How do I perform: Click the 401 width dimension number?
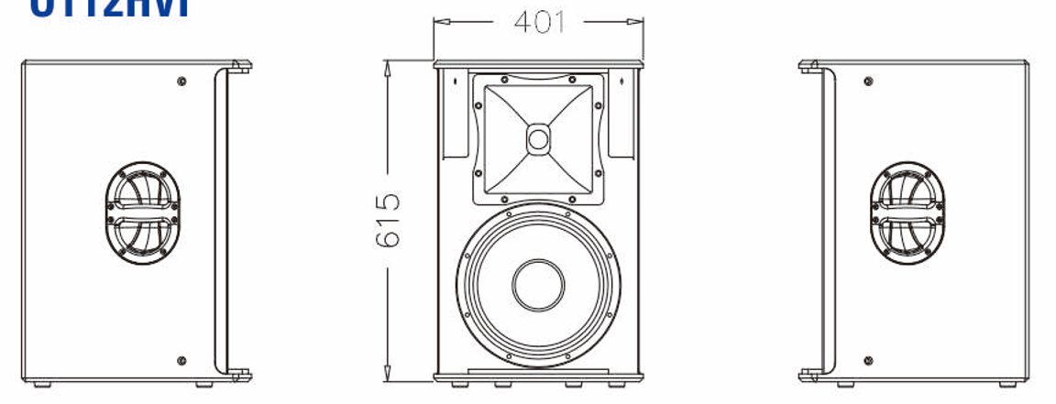point(539,21)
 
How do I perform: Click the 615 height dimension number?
point(388,220)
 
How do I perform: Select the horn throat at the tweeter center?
point(538,139)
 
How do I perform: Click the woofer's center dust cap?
point(538,285)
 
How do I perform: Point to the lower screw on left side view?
point(181,361)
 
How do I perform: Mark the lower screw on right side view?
point(868,361)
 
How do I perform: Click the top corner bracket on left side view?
point(239,66)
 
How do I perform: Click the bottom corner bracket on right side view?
point(808,375)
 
